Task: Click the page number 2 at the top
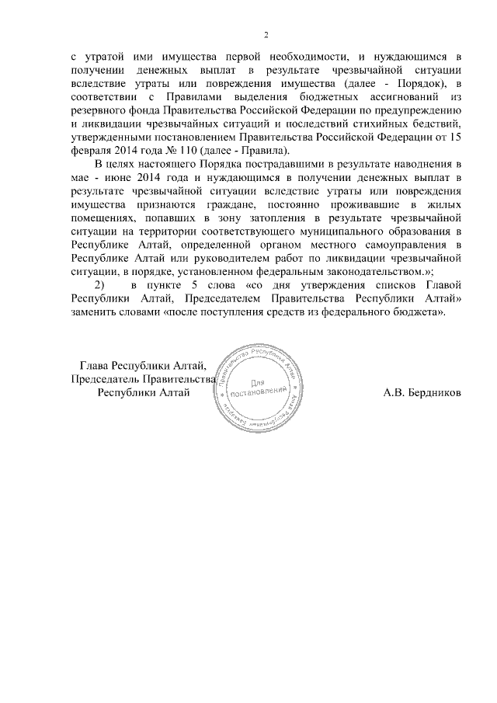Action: pos(266,35)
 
